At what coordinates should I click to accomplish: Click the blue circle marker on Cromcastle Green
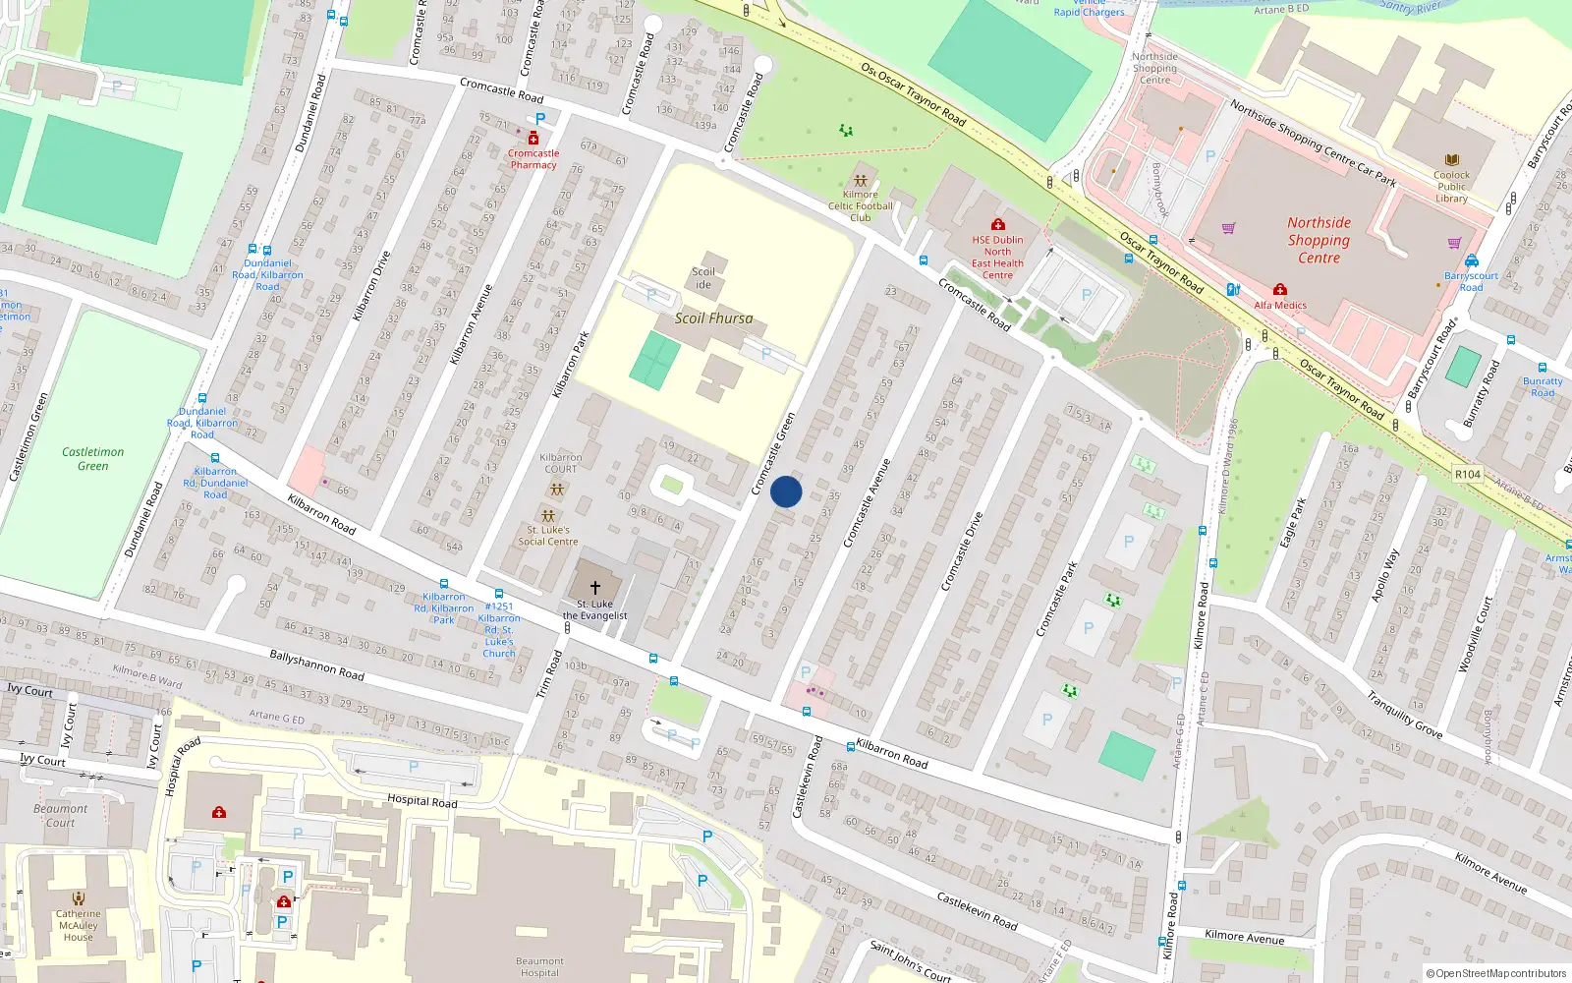[786, 491]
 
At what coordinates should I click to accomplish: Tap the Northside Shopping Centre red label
[1319, 241]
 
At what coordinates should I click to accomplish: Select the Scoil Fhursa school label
[713, 318]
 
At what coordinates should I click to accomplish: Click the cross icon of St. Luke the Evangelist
[594, 587]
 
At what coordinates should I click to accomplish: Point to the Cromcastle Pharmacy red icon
[533, 139]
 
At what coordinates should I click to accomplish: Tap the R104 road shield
[1468, 474]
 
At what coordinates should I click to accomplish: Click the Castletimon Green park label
[92, 459]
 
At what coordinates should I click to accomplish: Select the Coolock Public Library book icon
[1451, 159]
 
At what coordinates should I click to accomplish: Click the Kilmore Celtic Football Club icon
[861, 181]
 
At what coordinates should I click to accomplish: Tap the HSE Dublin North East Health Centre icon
[998, 225]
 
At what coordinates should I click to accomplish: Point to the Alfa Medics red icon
[1279, 290]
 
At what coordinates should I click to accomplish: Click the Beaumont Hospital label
[539, 967]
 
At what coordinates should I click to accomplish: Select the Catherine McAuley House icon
[78, 898]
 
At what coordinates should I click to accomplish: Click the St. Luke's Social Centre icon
[548, 516]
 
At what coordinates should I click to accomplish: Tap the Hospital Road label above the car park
[421, 800]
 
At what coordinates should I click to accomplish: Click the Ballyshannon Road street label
[316, 665]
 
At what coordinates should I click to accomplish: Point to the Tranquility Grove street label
[1405, 715]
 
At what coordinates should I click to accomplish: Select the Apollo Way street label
[1385, 576]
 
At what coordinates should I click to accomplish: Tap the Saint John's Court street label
[910, 961]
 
